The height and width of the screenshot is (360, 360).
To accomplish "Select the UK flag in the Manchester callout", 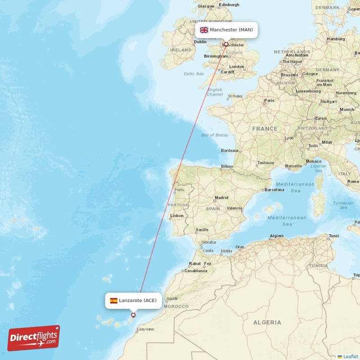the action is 204,30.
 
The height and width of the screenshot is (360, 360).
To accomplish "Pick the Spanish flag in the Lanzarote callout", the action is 114,300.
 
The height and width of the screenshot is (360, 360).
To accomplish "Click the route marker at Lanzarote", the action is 133,315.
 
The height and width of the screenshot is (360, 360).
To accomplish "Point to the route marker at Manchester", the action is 226,45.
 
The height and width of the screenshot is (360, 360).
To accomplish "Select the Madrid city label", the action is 221,198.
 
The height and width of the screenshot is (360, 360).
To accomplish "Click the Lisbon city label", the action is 177,216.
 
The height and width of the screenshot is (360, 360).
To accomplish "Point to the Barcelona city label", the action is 274,190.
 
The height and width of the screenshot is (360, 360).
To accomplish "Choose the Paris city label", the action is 269,100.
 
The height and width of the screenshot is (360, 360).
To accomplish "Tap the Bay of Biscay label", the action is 215,135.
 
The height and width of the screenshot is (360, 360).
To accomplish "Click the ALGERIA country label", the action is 267,322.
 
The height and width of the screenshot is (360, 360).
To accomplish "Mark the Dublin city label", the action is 200,42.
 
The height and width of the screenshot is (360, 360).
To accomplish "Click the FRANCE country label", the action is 265,129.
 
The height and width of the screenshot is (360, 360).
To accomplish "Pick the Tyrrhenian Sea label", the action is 343,205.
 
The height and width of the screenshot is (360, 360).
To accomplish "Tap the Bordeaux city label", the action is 229,150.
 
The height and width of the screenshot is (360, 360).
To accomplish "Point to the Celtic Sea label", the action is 193,74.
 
